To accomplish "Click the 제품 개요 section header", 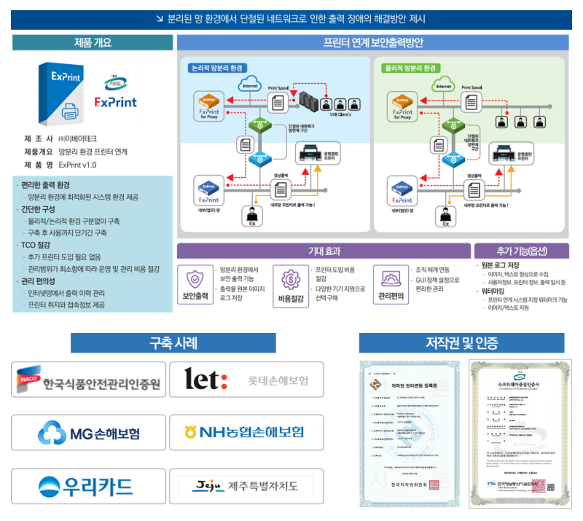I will click(93, 43).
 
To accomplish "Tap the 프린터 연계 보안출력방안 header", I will click(372, 43).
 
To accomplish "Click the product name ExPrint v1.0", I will click(77, 165).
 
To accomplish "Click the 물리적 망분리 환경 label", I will click(410, 68).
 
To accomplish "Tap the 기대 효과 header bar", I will click(324, 251).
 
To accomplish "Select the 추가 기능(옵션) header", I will click(520, 251).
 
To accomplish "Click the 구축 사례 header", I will click(173, 343).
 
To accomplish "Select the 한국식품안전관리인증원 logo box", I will click(88, 380).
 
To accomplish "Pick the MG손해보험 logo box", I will click(88, 433).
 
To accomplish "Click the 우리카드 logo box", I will click(88, 486).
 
